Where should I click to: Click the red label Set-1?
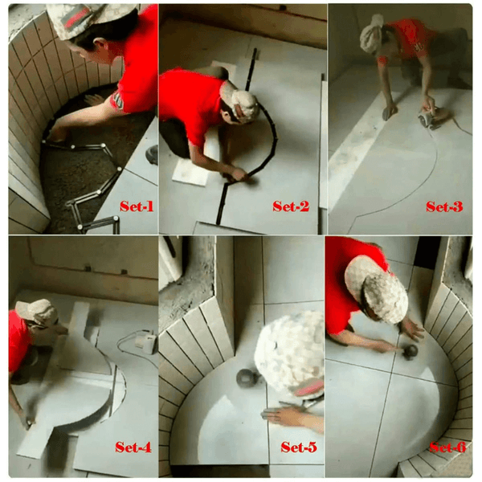tap(137, 206)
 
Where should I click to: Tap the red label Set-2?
tap(291, 206)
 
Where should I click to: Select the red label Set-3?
tap(444, 207)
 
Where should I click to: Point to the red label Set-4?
tap(133, 447)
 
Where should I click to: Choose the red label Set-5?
tap(299, 447)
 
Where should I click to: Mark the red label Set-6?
tap(448, 447)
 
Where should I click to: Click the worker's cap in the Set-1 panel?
tap(89, 19)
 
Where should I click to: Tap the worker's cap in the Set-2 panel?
tap(243, 103)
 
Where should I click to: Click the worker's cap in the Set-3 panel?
tap(372, 33)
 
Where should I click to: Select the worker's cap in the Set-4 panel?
tap(37, 312)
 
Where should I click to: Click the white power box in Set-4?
tap(145, 344)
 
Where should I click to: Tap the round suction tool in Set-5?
tap(247, 378)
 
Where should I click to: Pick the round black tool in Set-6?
tap(411, 352)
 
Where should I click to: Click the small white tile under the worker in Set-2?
tap(191, 171)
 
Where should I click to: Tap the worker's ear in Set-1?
tap(104, 44)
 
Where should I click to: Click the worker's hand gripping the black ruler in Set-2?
tap(239, 174)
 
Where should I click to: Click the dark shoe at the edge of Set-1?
tap(152, 154)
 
